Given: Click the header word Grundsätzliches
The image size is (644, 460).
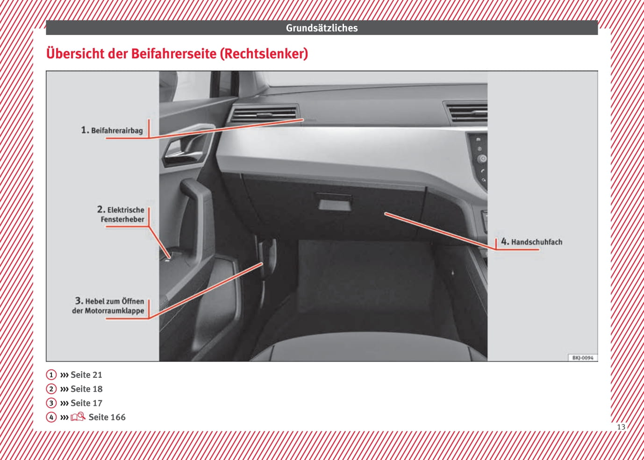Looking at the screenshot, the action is [x=322, y=28].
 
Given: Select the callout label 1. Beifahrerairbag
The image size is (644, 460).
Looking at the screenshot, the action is [x=112, y=130].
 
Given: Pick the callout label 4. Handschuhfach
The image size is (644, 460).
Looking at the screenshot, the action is [x=531, y=241].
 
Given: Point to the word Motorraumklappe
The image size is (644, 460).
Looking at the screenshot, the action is [x=114, y=311].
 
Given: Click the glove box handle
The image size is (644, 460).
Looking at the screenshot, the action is [x=334, y=202].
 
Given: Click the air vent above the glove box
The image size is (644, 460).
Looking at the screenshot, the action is [x=265, y=113].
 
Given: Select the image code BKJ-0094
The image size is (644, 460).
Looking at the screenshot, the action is [x=582, y=358].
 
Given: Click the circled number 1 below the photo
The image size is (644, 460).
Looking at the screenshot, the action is [x=51, y=375].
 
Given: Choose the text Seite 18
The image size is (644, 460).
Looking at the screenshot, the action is [x=86, y=389].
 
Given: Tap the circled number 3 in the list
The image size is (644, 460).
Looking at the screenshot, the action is [x=51, y=403].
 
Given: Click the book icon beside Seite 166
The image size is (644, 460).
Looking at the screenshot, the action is [x=78, y=417].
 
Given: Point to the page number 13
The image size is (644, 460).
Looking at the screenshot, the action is [x=621, y=427].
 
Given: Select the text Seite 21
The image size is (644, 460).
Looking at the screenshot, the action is [x=86, y=375].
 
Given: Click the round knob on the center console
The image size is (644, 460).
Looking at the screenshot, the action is [x=482, y=159].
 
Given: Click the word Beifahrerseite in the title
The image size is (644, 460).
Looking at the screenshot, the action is [x=174, y=54].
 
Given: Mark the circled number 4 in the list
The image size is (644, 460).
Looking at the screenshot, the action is [x=51, y=417].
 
